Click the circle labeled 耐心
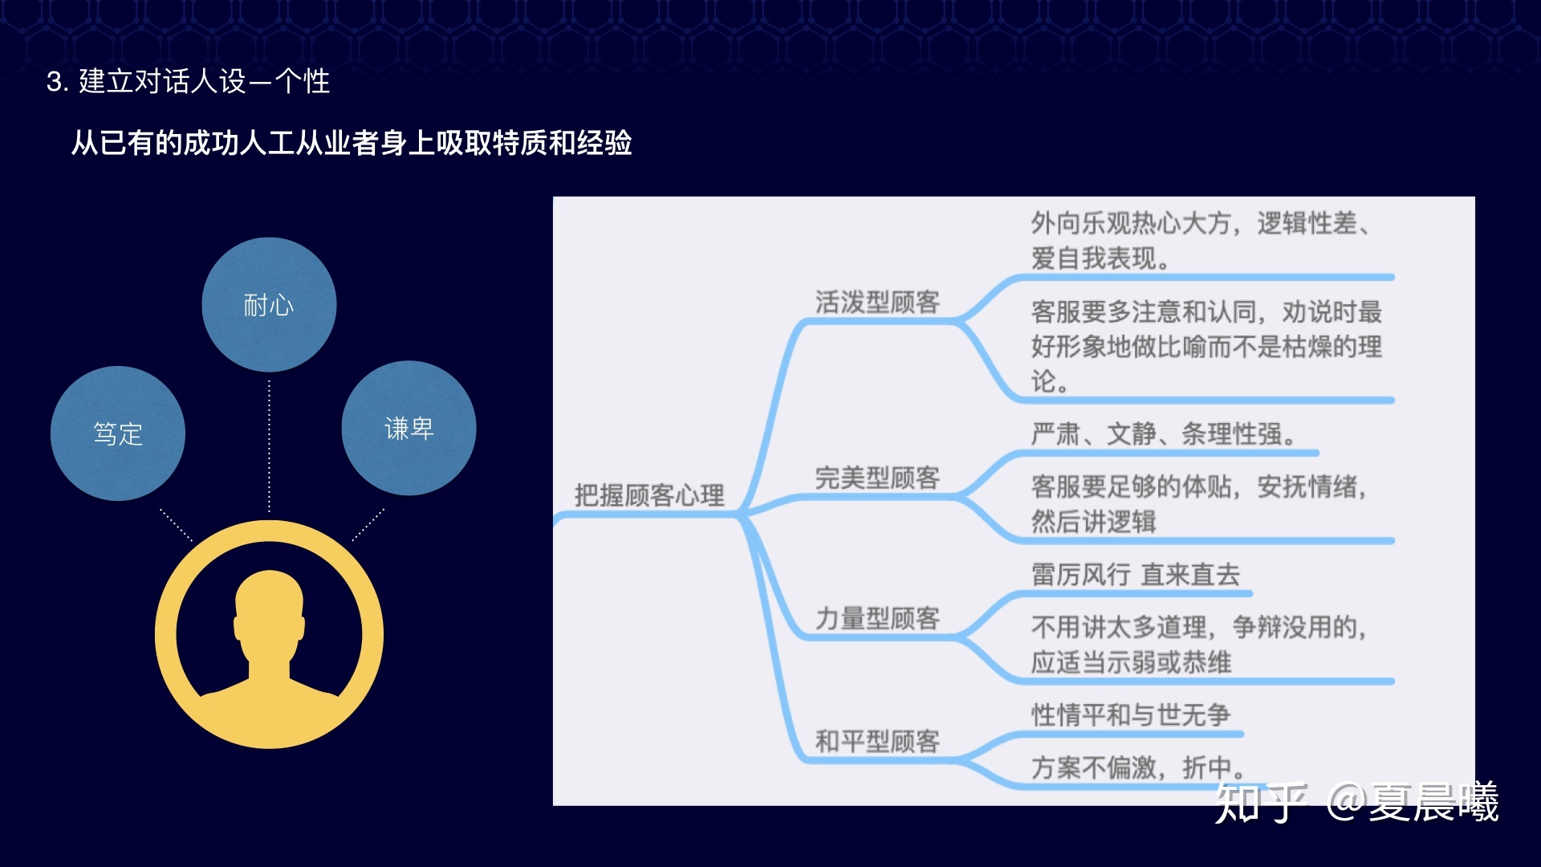(269, 304)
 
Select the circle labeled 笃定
(118, 433)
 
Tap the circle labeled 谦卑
(409, 428)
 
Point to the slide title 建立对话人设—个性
(204, 82)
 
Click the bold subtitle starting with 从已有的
(352, 143)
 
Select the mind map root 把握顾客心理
(649, 495)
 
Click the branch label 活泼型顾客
(877, 302)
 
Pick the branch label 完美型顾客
(877, 478)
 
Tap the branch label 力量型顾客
(877, 618)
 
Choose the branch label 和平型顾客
(877, 741)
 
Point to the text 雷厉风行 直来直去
(1136, 575)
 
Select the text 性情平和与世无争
(1130, 714)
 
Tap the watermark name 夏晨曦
(1433, 802)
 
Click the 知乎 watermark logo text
(1261, 802)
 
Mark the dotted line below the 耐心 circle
(269, 446)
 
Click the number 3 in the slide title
(55, 82)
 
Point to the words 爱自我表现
(1093, 258)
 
